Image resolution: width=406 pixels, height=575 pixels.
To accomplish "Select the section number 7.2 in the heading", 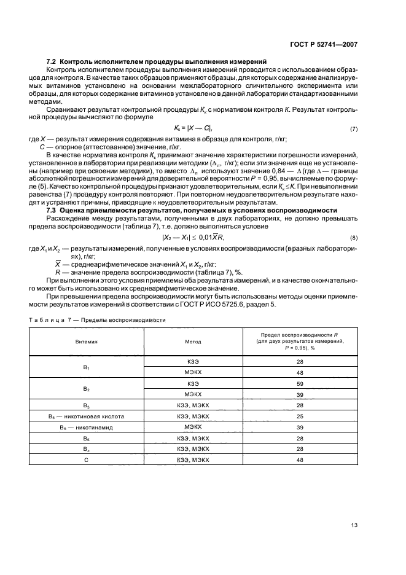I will point(53,62).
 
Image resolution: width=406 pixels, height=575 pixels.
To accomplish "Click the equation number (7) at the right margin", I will point(354,129).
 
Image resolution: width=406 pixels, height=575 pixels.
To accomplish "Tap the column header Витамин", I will point(87,342).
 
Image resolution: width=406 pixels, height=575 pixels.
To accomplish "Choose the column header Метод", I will point(193,342).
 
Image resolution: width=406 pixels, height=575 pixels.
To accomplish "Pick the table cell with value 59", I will point(300,383).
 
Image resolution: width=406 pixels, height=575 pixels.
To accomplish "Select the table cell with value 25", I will point(300,416).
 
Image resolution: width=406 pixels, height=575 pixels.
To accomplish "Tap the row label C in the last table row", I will point(87,459).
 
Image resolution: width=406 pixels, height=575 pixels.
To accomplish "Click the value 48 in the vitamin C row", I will point(300,459).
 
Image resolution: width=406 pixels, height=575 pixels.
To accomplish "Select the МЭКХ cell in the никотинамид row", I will point(193,426).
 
